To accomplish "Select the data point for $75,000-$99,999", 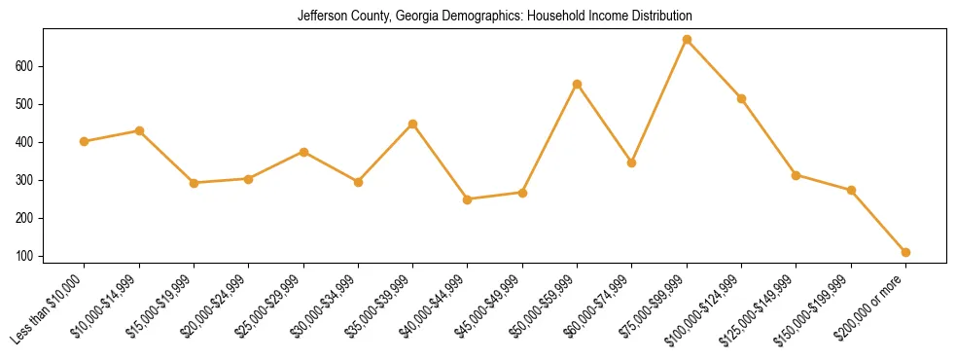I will tap(687, 40).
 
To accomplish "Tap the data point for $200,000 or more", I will tap(905, 252).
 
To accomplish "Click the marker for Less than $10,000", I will tap(85, 141).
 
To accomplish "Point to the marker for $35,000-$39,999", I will tap(412, 124).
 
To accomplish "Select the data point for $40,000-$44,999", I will tap(468, 199).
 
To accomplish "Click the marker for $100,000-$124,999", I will tap(741, 98).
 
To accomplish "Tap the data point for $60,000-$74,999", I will tap(632, 162).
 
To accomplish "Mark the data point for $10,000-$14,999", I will tap(139, 130).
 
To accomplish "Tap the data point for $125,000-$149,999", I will tap(797, 175).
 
